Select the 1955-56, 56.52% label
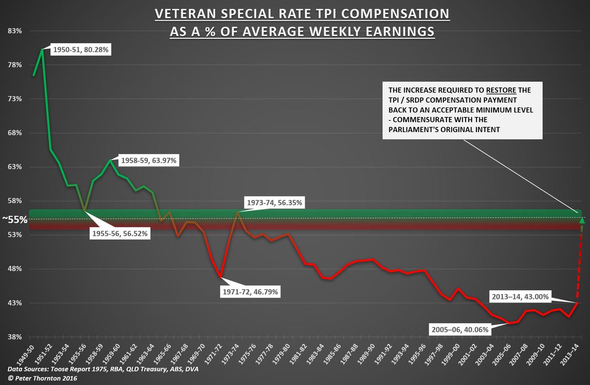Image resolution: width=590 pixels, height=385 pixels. coord(120,233)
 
